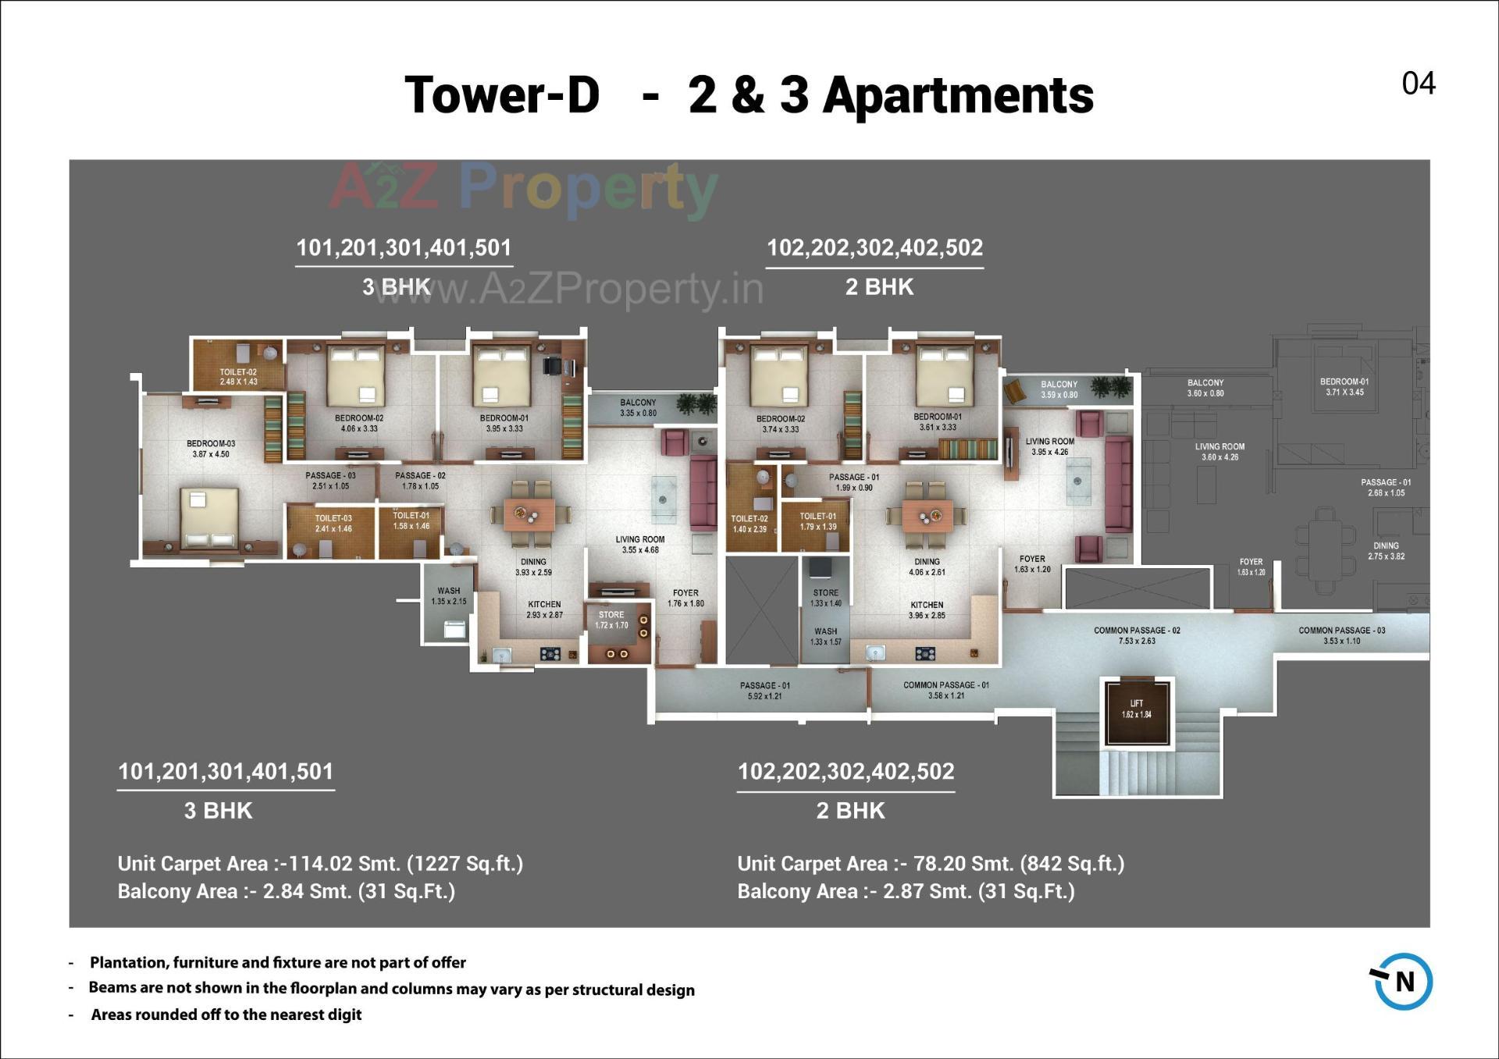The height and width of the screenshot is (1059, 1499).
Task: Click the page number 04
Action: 1418,84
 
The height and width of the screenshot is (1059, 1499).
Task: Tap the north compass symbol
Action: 1403,981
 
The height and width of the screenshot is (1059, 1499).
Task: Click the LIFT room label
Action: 1136,709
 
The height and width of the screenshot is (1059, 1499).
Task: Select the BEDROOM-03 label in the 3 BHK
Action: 211,449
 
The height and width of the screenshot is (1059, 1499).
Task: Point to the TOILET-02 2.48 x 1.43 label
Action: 238,377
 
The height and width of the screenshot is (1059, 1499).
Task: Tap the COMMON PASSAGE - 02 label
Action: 1137,635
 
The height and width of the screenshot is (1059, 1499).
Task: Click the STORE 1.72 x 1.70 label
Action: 611,620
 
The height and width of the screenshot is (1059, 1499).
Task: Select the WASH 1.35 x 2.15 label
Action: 448,596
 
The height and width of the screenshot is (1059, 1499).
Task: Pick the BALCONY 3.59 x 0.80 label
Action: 1059,389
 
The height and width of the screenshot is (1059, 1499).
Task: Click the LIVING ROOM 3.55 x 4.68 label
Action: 640,545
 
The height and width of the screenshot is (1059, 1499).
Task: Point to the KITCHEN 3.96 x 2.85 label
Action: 927,610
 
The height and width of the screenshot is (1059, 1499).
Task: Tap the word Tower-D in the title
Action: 502,95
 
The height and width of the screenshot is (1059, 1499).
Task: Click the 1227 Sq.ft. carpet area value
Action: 465,864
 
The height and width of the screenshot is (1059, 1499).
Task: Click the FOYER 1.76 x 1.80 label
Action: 685,598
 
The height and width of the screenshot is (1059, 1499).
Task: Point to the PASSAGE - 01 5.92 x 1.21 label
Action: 764,691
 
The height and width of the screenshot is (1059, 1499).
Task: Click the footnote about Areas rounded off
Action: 226,1015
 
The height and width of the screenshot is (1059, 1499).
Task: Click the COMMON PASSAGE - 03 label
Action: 1341,635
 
